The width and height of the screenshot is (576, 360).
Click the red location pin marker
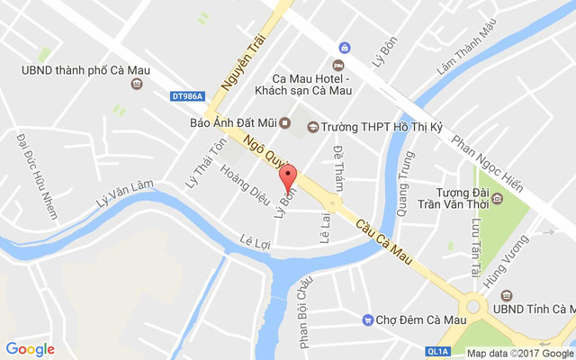288,175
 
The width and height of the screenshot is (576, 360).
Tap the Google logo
30,349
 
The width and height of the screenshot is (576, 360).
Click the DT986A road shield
187,96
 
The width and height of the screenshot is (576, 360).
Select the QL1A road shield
437,352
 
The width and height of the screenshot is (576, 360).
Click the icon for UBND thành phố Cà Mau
137,85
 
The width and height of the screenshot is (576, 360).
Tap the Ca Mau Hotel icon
337,65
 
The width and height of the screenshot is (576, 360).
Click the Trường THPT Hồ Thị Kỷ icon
312,127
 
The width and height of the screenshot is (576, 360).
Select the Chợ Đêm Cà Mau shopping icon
367,320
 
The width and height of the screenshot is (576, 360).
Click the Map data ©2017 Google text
519,353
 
